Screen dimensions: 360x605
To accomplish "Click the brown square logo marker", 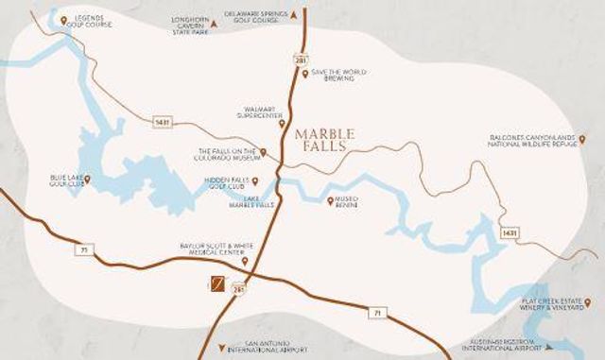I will pos(217,284).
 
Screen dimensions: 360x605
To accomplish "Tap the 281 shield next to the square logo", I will pos(238,291).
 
